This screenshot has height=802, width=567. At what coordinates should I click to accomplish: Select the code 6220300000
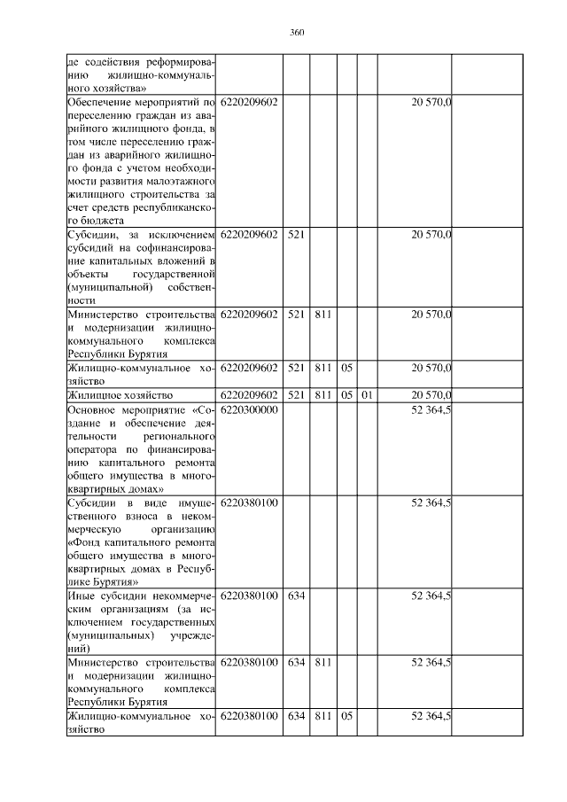pos(249,409)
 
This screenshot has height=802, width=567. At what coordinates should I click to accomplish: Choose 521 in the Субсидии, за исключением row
pos(296,234)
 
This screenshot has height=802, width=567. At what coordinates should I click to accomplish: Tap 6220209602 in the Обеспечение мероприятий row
pos(249,103)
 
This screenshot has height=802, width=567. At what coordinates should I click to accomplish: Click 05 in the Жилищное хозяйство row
pos(347,394)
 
